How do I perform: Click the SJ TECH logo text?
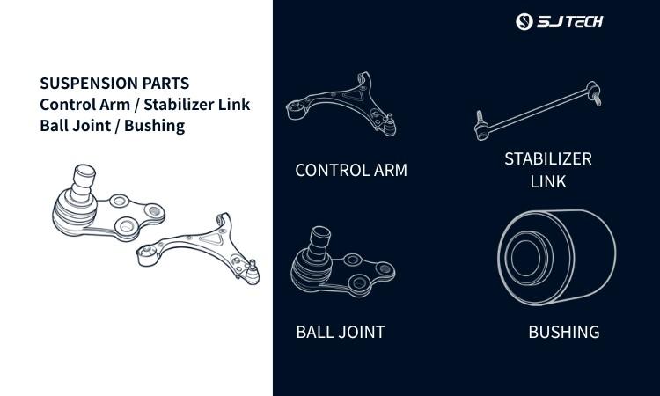click(x=570, y=22)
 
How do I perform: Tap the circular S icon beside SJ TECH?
click(x=524, y=22)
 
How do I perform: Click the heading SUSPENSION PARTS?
click(x=114, y=84)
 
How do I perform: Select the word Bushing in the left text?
click(x=155, y=125)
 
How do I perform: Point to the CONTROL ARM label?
click(x=351, y=170)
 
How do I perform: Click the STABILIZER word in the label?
click(x=547, y=159)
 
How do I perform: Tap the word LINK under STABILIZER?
click(x=547, y=182)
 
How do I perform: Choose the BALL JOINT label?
click(x=340, y=332)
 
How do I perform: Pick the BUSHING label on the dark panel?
click(x=563, y=332)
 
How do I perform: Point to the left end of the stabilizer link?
click(x=482, y=122)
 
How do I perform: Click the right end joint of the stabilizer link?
click(x=594, y=93)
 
